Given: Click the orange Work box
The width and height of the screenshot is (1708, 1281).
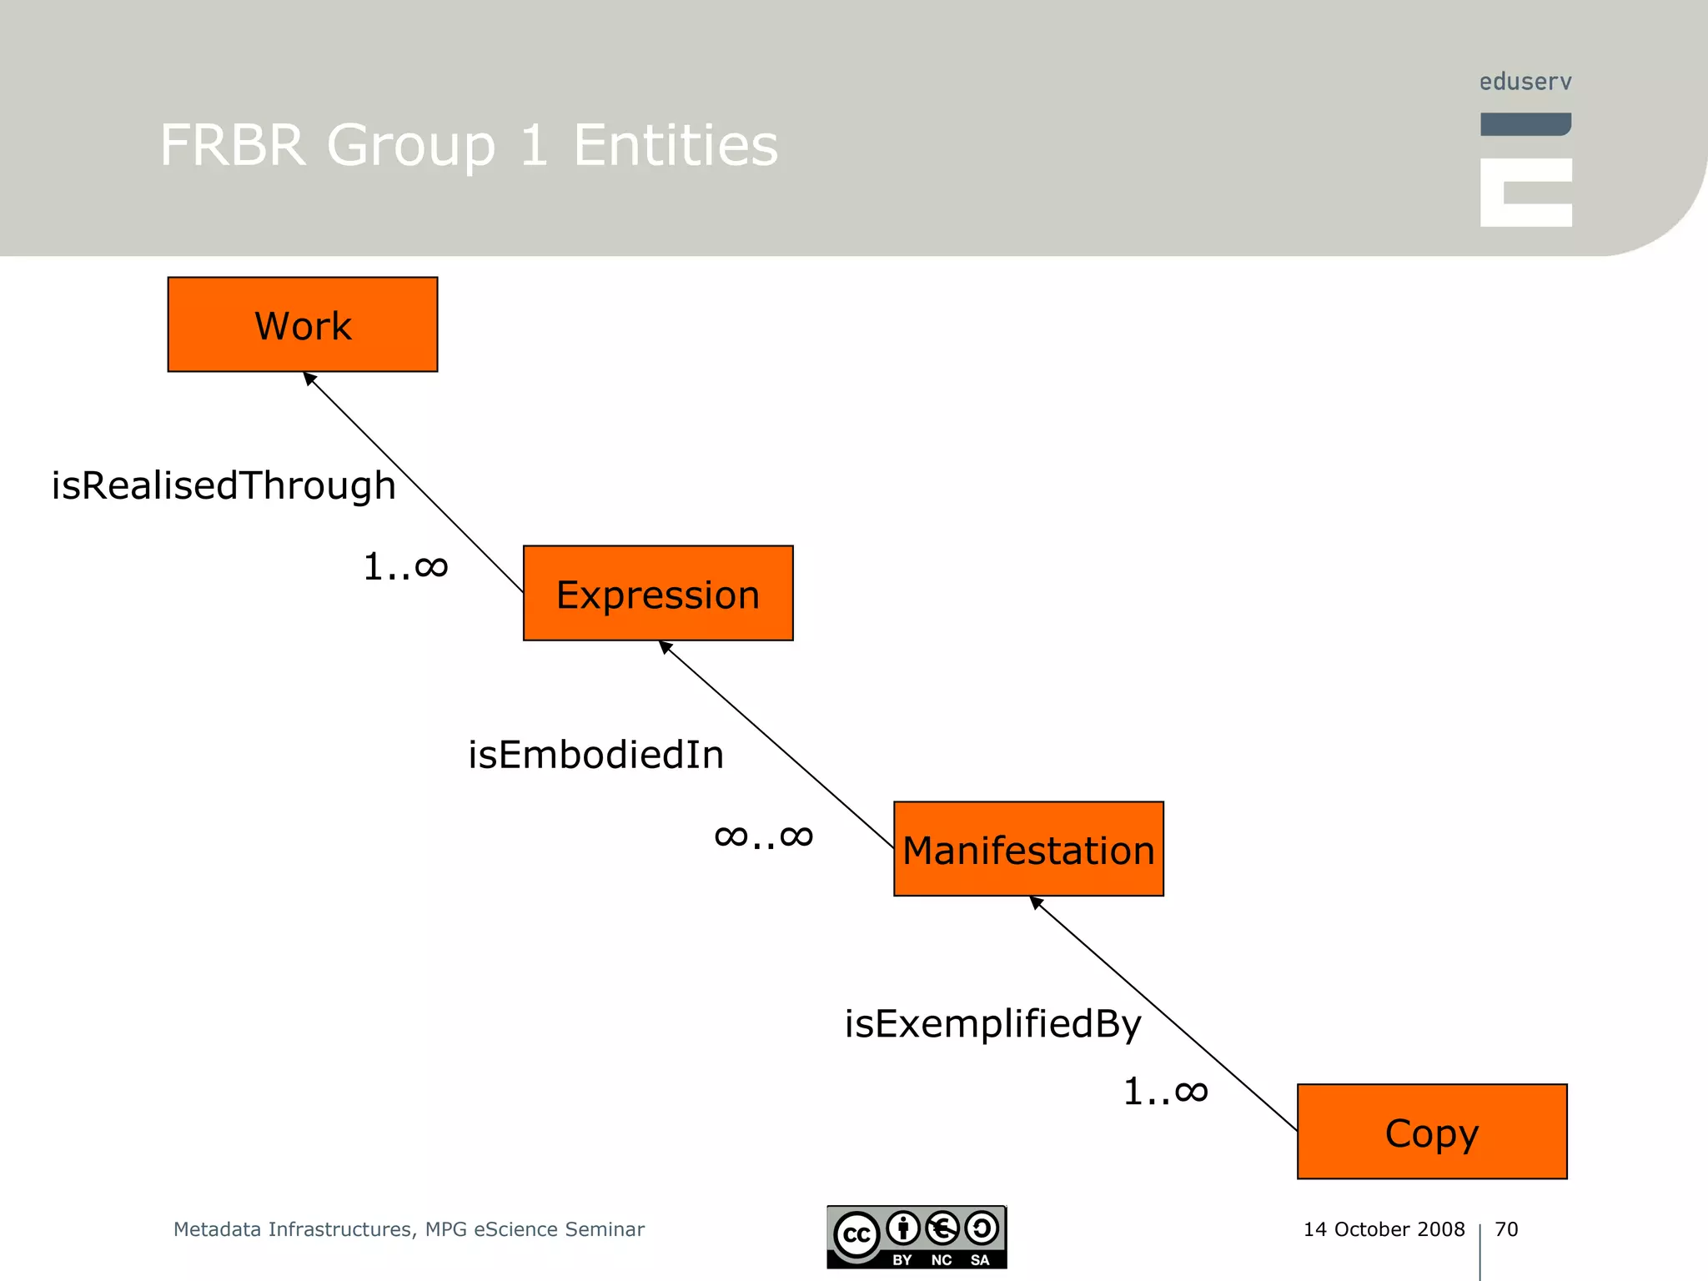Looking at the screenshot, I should pyautogui.click(x=303, y=324).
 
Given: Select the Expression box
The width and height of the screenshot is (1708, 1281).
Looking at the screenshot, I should pyautogui.click(x=658, y=593).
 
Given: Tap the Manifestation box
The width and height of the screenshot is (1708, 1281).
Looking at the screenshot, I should pyautogui.click(x=1028, y=849).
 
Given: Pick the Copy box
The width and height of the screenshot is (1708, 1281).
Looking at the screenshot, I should pyautogui.click(x=1432, y=1132).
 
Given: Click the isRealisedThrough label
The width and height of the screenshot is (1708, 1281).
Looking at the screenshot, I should pyautogui.click(x=224, y=485).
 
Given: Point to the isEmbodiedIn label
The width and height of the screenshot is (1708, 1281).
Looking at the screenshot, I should pyautogui.click(x=595, y=755).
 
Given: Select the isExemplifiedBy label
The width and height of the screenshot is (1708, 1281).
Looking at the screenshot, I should pyautogui.click(x=992, y=1024).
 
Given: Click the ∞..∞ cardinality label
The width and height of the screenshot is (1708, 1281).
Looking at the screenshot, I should pyautogui.click(x=764, y=836).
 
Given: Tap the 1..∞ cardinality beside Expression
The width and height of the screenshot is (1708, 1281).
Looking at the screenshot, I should pyautogui.click(x=406, y=568).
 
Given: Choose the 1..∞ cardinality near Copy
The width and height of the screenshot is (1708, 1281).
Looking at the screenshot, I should pyautogui.click(x=1166, y=1092).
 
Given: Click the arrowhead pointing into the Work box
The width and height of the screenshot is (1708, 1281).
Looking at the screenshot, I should pyautogui.click(x=309, y=379).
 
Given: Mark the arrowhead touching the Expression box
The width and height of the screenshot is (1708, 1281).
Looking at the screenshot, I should pyautogui.click(x=666, y=647).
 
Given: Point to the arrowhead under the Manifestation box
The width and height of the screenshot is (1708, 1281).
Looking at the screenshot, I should pyautogui.click(x=1037, y=902).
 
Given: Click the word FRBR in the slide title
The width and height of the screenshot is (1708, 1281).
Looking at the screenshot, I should pyautogui.click(x=233, y=145).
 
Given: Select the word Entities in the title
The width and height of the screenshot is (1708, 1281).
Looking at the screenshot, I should pyautogui.click(x=676, y=145).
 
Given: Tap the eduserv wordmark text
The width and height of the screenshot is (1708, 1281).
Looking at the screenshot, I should pyautogui.click(x=1525, y=82).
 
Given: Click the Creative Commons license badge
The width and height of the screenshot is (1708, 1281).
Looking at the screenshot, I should pyautogui.click(x=917, y=1237).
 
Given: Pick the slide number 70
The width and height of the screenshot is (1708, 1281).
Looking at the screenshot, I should pyautogui.click(x=1506, y=1229).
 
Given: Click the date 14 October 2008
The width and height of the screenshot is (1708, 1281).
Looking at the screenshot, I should pyautogui.click(x=1384, y=1229).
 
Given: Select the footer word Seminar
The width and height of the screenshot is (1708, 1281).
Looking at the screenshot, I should pyautogui.click(x=605, y=1229).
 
